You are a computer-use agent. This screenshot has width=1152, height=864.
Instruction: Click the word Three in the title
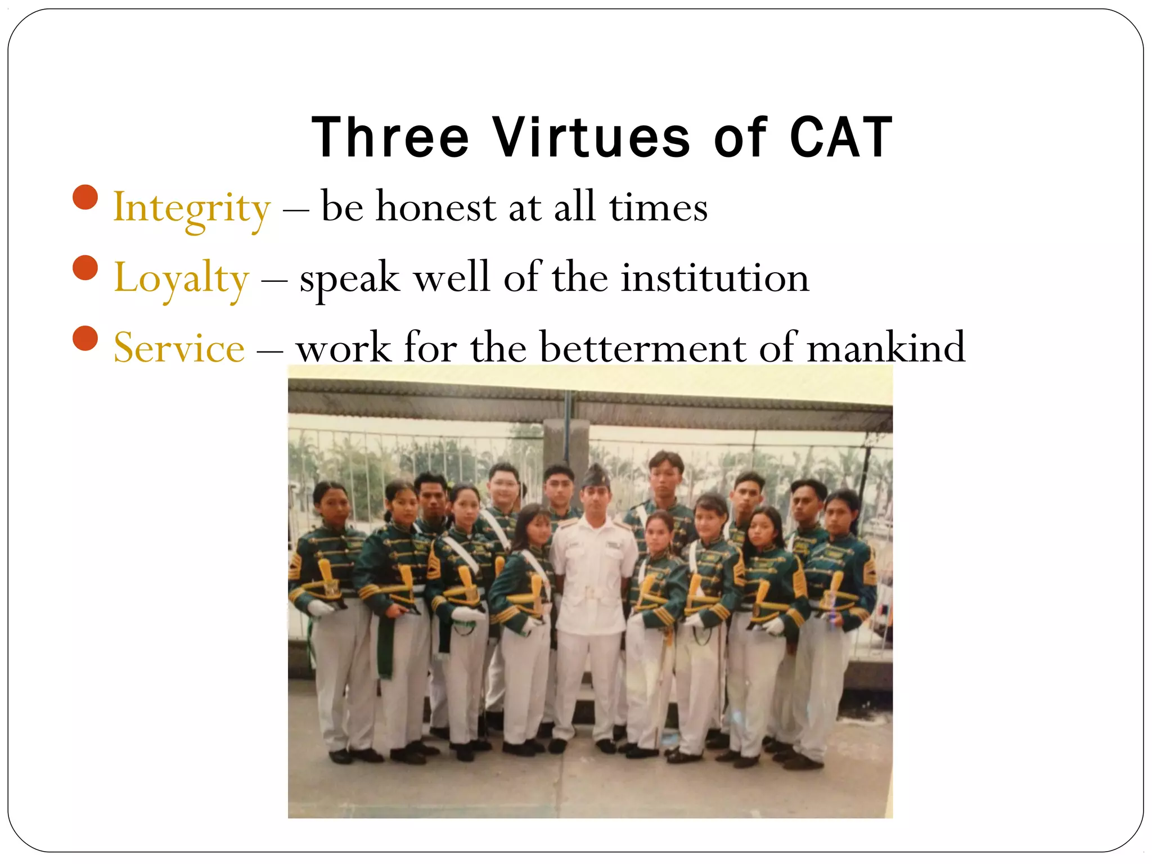[x=390, y=138]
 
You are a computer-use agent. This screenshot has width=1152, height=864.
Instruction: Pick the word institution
[x=714, y=278]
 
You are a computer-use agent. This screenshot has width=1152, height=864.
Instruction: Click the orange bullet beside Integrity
[x=85, y=197]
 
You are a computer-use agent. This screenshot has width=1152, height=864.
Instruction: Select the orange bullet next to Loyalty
[x=85, y=268]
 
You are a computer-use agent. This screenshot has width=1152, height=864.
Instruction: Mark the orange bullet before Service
[x=85, y=338]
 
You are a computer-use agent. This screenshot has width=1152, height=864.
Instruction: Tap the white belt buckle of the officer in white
[x=590, y=592]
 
